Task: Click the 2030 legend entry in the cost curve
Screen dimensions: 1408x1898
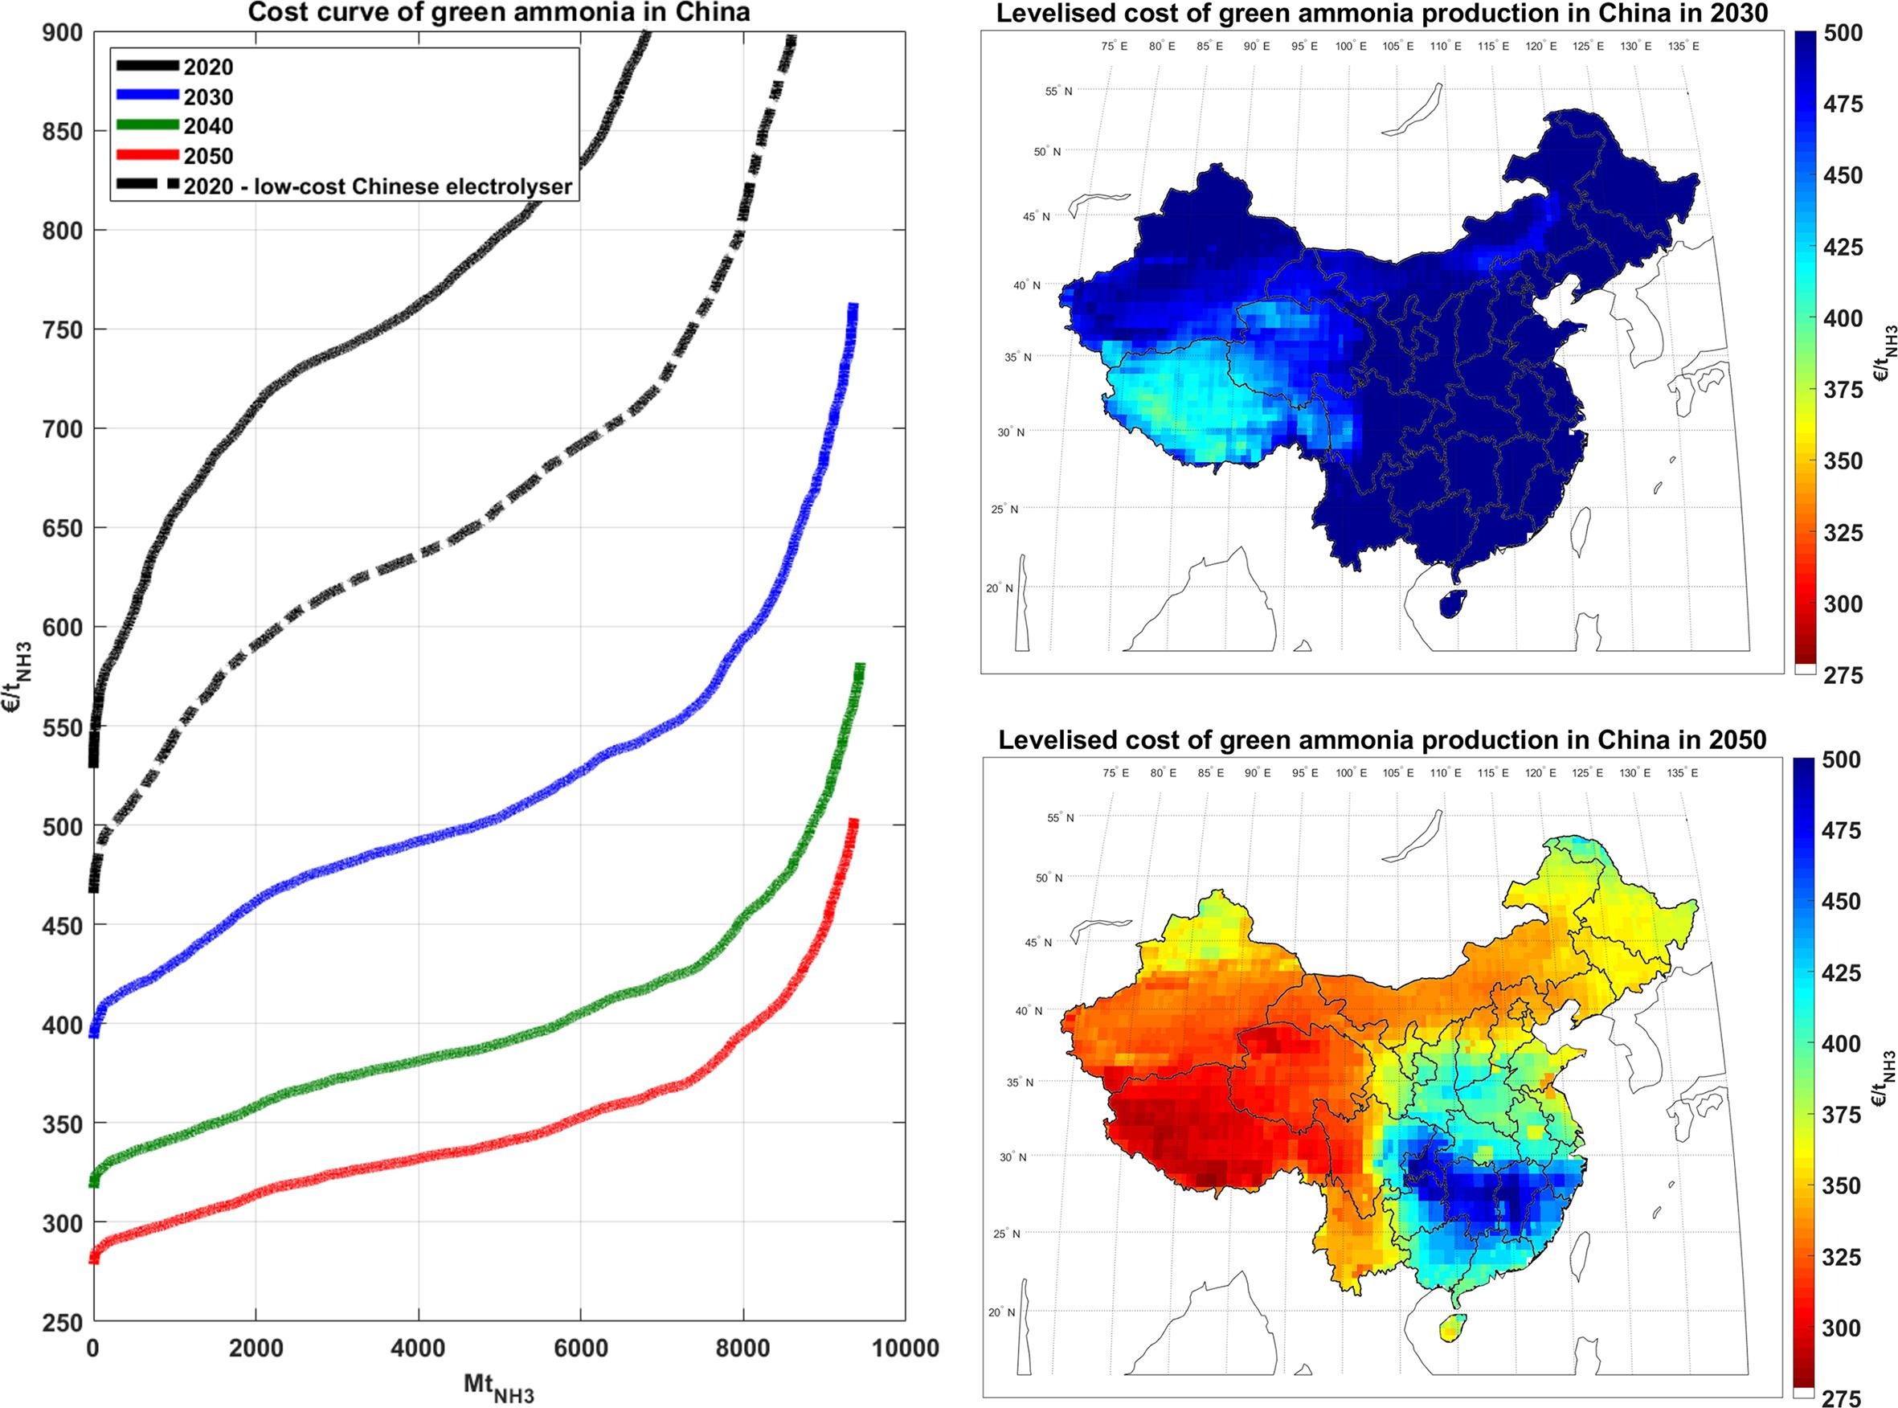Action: (x=208, y=96)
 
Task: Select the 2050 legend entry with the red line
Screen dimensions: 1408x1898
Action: (x=208, y=156)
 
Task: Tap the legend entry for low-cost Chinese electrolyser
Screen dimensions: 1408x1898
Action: (x=378, y=186)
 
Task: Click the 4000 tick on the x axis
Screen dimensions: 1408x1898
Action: (x=418, y=1349)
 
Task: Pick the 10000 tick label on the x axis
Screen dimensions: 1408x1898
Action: (x=904, y=1349)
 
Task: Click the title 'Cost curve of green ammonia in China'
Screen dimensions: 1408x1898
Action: (x=498, y=13)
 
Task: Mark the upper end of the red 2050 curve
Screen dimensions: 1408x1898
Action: (x=853, y=822)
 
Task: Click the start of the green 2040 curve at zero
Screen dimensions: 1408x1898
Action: (x=95, y=1181)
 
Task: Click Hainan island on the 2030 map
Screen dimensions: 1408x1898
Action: (x=1453, y=603)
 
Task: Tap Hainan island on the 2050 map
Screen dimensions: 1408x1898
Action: (x=1453, y=1327)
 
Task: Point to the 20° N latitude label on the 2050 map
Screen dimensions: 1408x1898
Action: (x=1000, y=1312)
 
